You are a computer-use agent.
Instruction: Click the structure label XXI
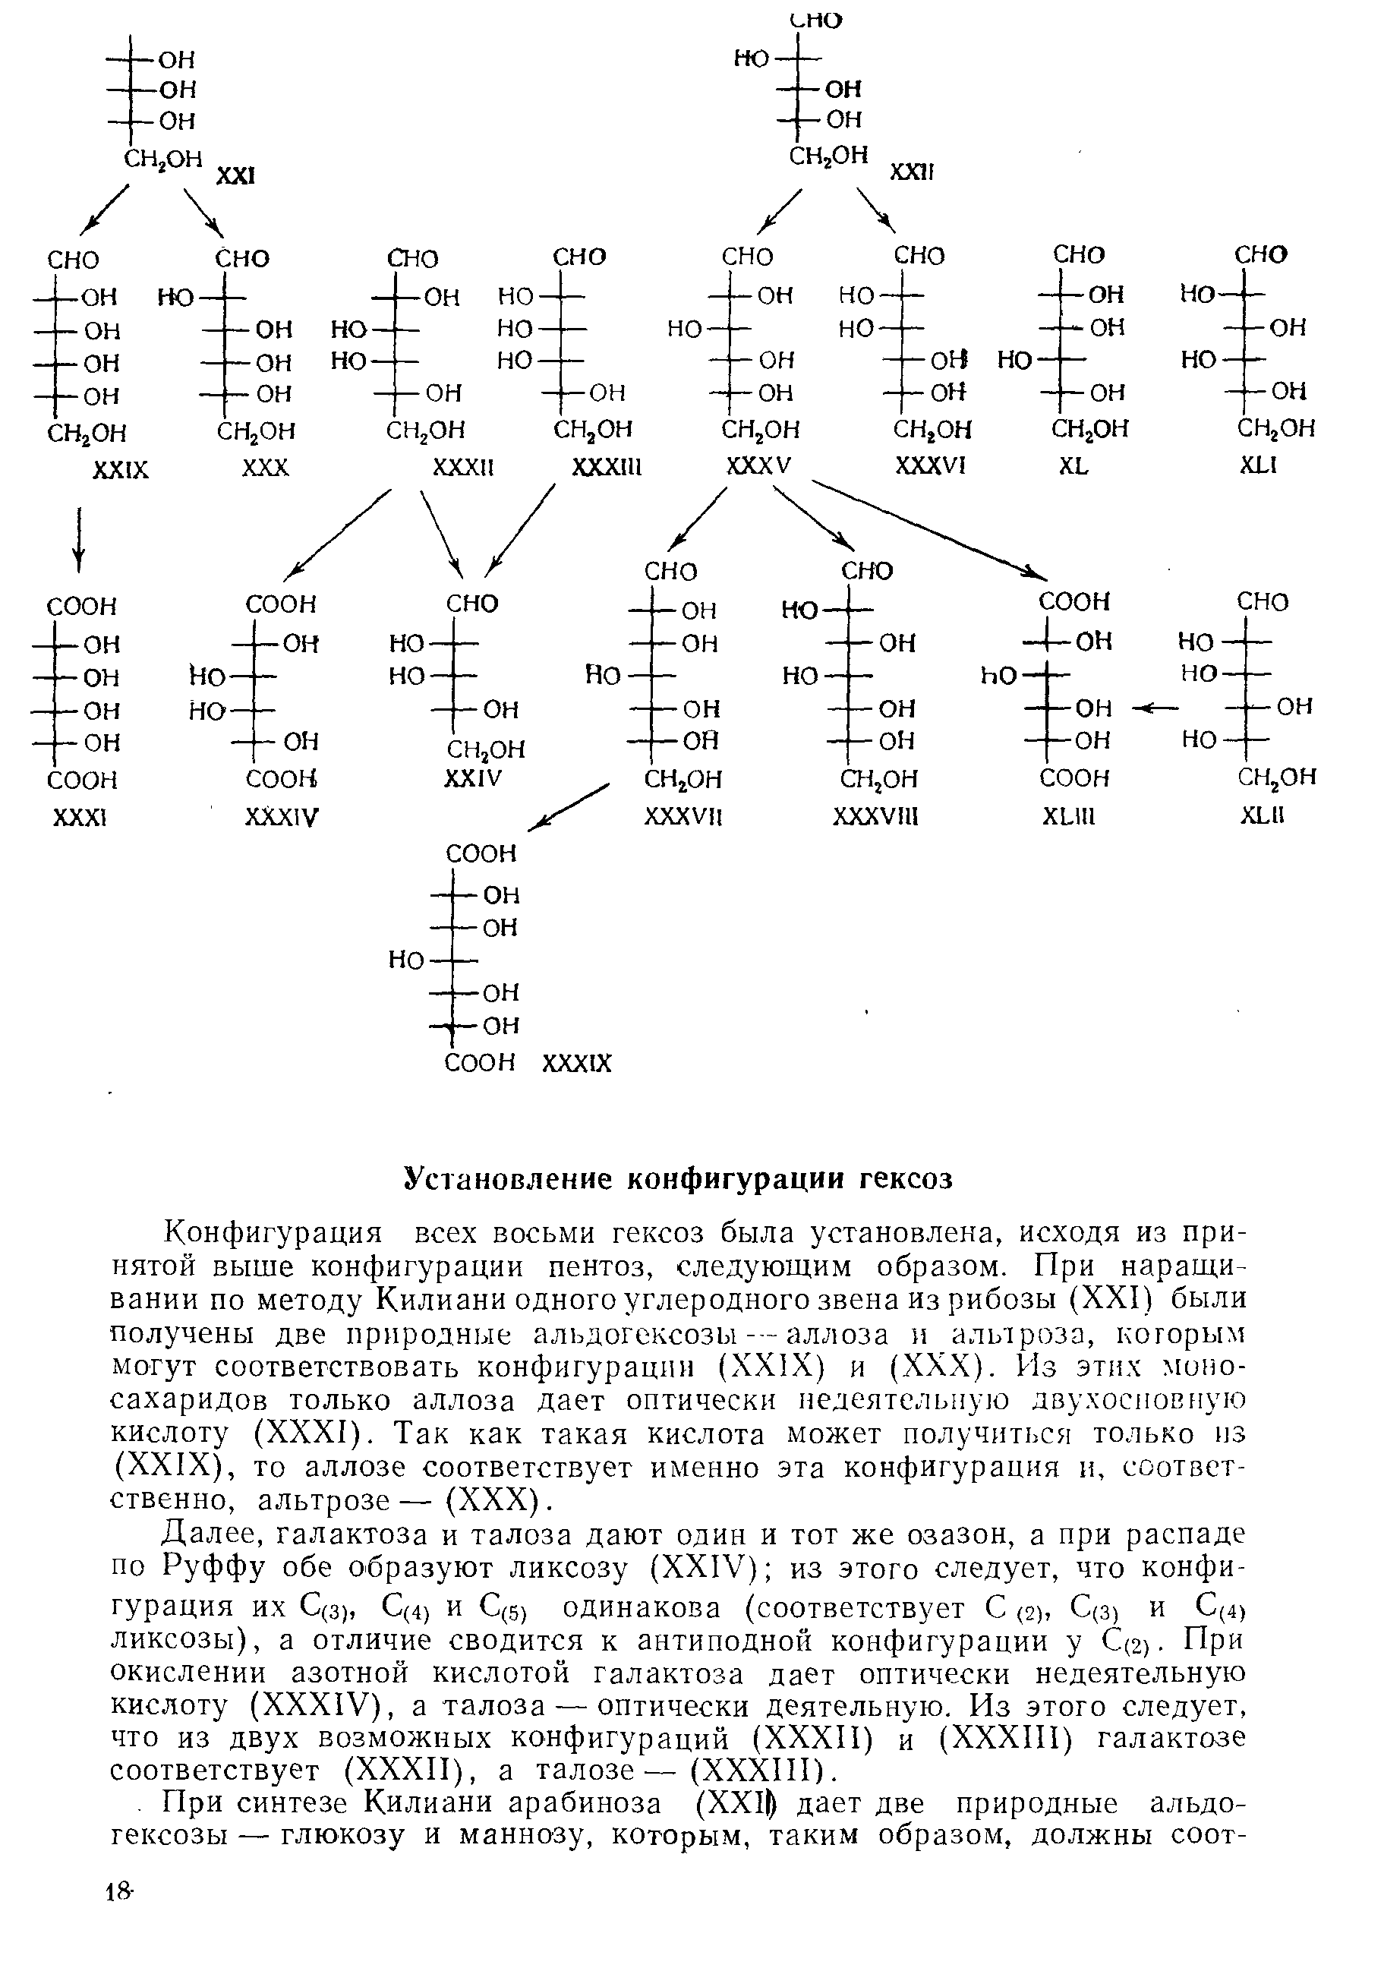tap(235, 176)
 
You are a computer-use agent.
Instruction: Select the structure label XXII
tap(911, 172)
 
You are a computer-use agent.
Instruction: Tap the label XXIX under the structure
tap(120, 471)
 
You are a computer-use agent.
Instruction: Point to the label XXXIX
tap(577, 1064)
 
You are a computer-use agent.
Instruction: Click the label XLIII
tap(1069, 817)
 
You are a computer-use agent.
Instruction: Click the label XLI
tap(1259, 465)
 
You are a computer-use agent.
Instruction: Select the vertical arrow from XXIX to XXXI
tap(79, 539)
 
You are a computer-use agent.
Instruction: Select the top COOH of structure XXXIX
tap(481, 853)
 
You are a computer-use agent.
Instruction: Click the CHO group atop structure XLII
tap(1262, 602)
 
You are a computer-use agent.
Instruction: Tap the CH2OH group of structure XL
tap(1089, 428)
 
